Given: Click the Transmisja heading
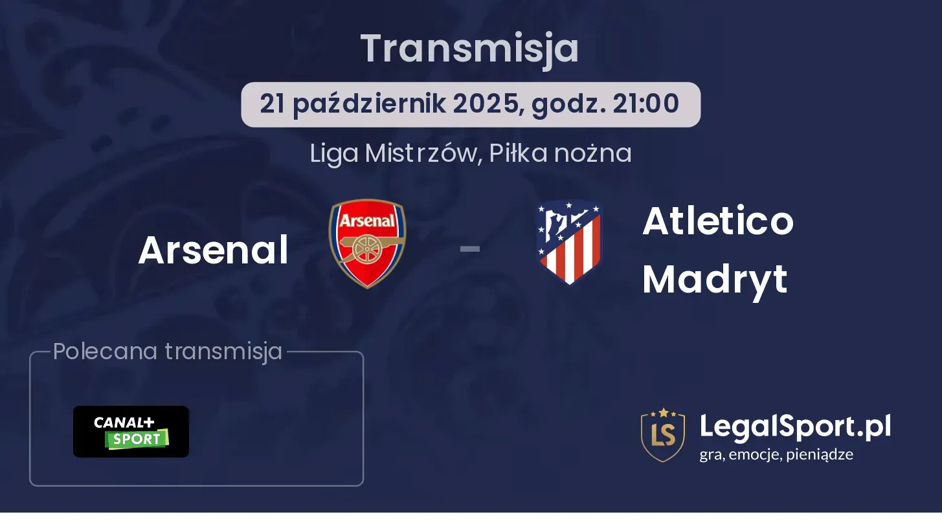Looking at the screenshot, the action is tap(470, 49).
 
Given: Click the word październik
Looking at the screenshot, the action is tap(369, 104).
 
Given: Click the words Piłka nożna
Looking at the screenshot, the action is tap(560, 153).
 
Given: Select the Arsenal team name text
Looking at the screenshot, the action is tap(213, 250).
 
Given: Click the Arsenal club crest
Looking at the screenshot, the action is tap(367, 243).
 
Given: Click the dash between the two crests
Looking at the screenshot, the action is tap(470, 249).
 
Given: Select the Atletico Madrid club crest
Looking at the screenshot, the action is tap(569, 243).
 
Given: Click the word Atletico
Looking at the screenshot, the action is tap(718, 221).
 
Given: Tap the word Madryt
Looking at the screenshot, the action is tap(715, 280).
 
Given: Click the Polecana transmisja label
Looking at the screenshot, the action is tap(168, 351).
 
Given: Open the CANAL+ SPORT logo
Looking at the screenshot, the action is tap(131, 432).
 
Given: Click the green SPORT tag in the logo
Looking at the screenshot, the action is tap(137, 439).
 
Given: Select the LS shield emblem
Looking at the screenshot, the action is tap(663, 435).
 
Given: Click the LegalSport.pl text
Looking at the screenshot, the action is tap(795, 427).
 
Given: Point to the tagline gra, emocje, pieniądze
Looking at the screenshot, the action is tap(776, 454).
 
